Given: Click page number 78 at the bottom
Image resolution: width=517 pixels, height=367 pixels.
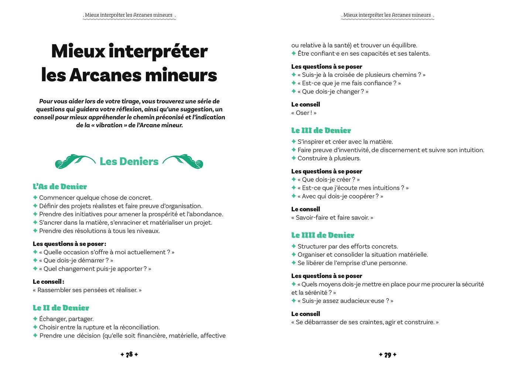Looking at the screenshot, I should (x=129, y=355).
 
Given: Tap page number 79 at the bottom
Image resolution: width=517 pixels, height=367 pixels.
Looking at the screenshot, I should (x=388, y=355).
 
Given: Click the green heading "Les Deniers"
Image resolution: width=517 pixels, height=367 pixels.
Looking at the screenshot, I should (x=129, y=162).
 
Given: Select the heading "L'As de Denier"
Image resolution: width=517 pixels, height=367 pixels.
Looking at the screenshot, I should (x=60, y=187).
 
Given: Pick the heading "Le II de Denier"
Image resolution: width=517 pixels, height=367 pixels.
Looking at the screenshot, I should (x=61, y=308).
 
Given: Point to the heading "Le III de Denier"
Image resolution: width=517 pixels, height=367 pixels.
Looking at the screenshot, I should (x=321, y=130).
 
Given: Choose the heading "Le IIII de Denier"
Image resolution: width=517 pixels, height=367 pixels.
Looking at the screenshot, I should (x=322, y=235).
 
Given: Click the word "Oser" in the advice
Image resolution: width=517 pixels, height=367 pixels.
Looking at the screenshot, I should (x=302, y=113).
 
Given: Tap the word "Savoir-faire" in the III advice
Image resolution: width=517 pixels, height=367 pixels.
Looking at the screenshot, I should (x=312, y=218).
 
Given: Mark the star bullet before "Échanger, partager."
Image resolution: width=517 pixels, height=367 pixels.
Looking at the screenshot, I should (x=35, y=319).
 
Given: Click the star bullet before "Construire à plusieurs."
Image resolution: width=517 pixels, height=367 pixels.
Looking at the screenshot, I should (x=294, y=158).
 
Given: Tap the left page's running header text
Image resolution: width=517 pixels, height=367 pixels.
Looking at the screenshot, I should (x=129, y=15).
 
